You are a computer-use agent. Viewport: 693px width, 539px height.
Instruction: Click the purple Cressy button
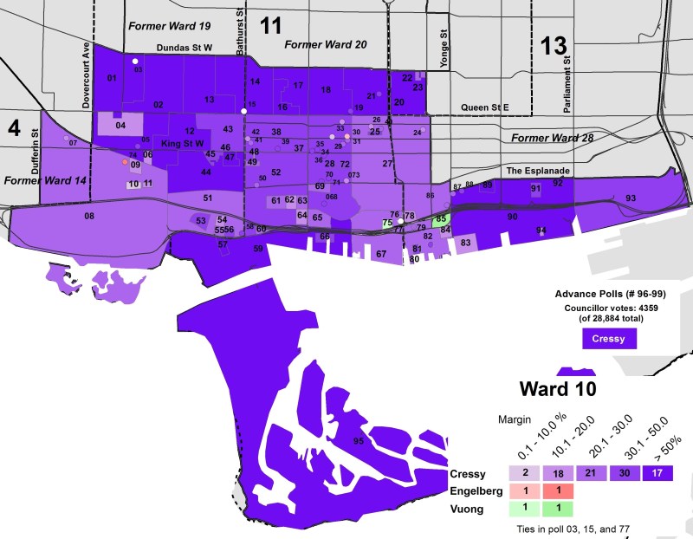point(609,338)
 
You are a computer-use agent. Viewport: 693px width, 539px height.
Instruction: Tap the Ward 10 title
point(558,388)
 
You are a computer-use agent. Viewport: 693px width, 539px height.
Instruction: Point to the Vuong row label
point(468,509)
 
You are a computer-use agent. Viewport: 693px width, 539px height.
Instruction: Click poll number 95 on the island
point(358,441)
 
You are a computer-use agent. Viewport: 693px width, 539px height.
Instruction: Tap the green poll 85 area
point(442,219)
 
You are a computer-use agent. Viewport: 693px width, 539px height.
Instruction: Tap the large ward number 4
point(14,127)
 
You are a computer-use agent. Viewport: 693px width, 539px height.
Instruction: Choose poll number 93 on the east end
point(630,198)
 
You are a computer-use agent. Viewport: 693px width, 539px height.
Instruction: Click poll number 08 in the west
point(89,215)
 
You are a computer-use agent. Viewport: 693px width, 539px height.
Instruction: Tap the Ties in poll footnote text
point(566,528)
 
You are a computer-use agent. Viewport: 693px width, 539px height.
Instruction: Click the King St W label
point(183,143)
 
